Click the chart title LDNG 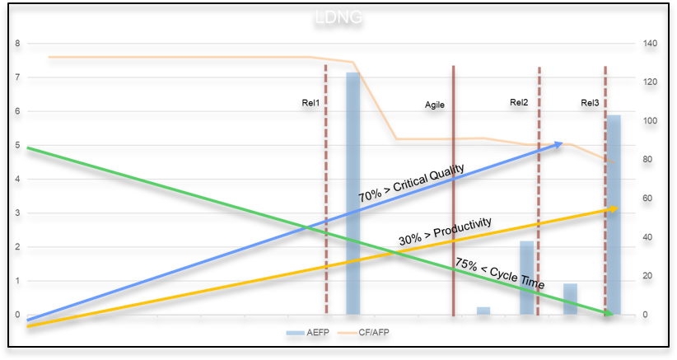click(338, 17)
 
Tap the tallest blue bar click(353, 193)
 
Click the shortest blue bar click(483, 310)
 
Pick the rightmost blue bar click(614, 214)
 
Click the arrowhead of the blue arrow click(560, 144)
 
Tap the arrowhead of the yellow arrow click(614, 208)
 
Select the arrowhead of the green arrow click(609, 313)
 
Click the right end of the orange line click(614, 162)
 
